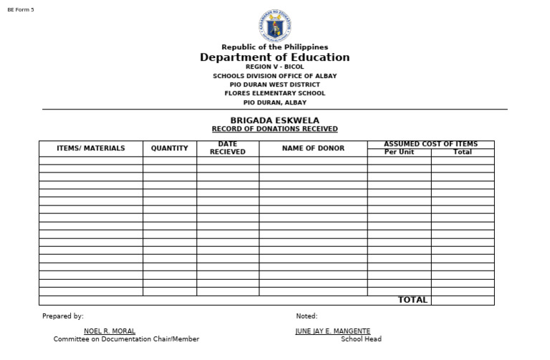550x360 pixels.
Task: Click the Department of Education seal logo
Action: click(274, 26)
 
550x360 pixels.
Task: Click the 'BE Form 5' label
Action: click(21, 9)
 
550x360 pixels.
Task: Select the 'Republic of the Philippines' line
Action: click(274, 47)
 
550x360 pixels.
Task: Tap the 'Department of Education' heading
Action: click(274, 57)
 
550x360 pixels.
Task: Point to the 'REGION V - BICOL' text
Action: click(274, 67)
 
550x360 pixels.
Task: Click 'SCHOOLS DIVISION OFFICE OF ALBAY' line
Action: click(274, 76)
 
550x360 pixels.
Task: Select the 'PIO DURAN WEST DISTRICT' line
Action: click(274, 84)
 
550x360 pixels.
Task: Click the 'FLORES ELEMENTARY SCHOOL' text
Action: click(274, 93)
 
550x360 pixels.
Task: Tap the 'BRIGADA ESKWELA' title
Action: click(274, 120)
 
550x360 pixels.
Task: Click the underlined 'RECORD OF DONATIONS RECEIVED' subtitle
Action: click(274, 129)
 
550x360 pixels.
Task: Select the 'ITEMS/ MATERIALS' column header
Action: click(91, 148)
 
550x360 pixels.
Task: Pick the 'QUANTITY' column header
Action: click(170, 148)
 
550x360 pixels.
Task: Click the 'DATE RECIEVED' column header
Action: click(228, 148)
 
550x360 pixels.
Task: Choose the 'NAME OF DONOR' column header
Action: click(313, 148)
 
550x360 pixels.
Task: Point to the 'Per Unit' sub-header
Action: click(399, 152)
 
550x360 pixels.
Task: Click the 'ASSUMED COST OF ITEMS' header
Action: click(430, 144)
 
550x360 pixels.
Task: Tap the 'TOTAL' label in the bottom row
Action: click(412, 300)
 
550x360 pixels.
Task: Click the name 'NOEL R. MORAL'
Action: click(110, 331)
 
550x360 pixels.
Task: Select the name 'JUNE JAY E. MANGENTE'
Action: click(333, 331)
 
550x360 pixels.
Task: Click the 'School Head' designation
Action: click(361, 339)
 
